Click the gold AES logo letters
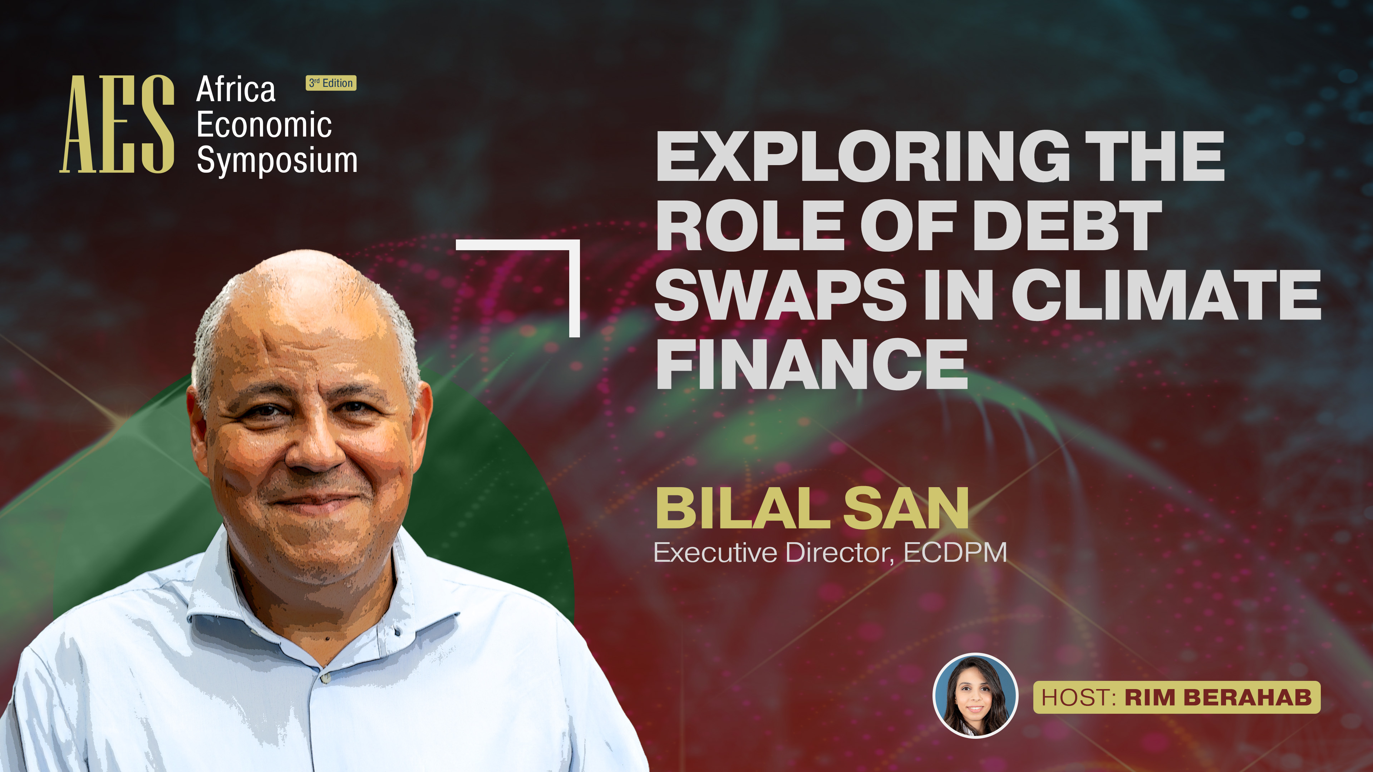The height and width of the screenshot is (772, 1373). coord(117,124)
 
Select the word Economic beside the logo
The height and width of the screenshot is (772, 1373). coord(264,125)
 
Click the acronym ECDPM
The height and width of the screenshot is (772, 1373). coord(955,553)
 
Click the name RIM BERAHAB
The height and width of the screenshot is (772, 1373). coord(1218,697)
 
